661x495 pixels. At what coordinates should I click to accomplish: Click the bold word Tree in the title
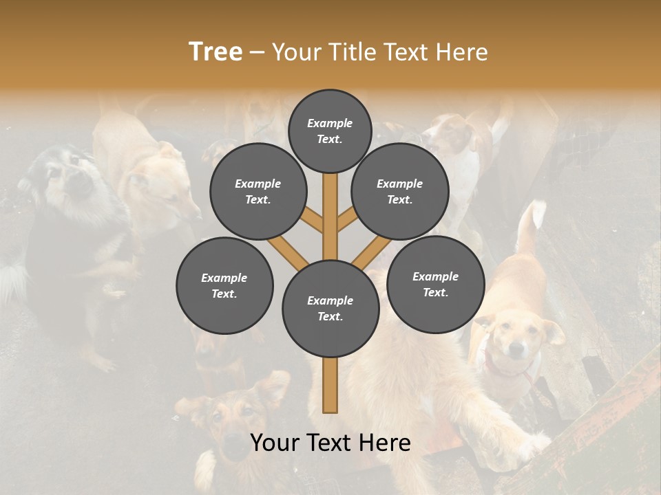pos(216,52)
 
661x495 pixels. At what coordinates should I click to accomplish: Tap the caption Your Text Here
pos(330,443)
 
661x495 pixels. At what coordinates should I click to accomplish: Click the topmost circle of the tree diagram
pos(330,131)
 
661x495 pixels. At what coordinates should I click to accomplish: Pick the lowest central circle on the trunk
pos(330,309)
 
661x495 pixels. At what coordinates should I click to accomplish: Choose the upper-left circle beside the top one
pos(258,192)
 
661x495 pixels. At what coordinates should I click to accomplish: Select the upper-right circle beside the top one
pos(400,192)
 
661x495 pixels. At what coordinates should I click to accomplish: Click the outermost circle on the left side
pos(224,286)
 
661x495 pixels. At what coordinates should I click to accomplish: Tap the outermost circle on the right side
pos(435,285)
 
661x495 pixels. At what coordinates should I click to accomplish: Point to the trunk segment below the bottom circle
pos(330,385)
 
